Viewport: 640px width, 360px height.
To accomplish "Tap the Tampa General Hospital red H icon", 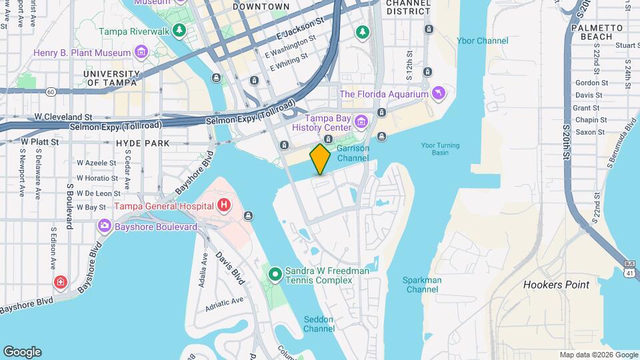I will pyautogui.click(x=225, y=205).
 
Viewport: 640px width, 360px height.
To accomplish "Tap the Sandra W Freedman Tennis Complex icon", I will pyautogui.click(x=275, y=273).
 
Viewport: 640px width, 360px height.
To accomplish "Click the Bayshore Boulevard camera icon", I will pyautogui.click(x=105, y=225).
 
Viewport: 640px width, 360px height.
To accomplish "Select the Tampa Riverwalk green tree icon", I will pyautogui.click(x=179, y=31).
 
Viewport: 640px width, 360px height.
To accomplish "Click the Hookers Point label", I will pyautogui.click(x=556, y=285).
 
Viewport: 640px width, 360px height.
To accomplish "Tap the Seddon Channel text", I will pyautogui.click(x=319, y=324).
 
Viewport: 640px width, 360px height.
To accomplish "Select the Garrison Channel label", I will pyautogui.click(x=353, y=153).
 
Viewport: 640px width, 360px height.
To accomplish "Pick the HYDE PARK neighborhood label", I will pyautogui.click(x=143, y=143).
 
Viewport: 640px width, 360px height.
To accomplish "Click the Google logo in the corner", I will pyautogui.click(x=22, y=352).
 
